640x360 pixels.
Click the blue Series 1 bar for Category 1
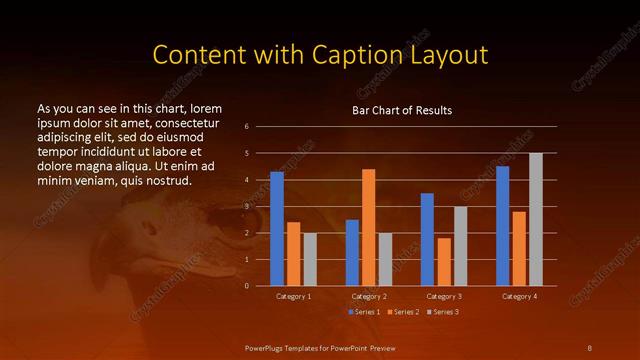click(x=277, y=229)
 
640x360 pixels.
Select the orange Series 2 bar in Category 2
click(x=368, y=228)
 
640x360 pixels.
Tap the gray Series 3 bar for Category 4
click(x=536, y=220)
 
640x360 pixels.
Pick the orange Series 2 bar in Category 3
click(x=444, y=262)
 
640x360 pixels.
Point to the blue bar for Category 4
click(x=503, y=226)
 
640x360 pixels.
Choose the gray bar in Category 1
click(x=309, y=260)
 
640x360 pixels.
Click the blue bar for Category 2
click(x=352, y=253)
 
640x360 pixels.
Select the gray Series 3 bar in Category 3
click(x=460, y=246)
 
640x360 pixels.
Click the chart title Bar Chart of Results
click(x=402, y=111)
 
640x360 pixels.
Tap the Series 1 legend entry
click(x=364, y=313)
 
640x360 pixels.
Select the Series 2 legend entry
click(x=402, y=313)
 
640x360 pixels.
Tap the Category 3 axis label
click(x=443, y=297)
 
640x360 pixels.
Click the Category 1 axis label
click(x=292, y=297)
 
